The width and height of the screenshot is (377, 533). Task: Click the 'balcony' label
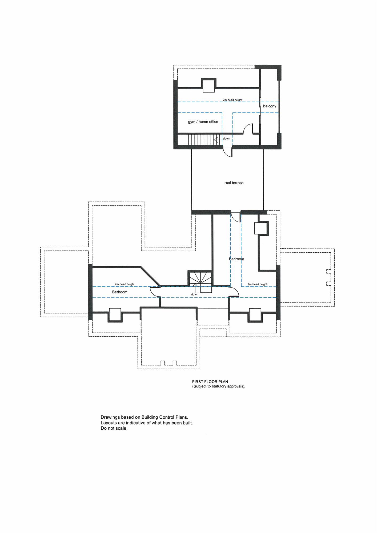(270, 106)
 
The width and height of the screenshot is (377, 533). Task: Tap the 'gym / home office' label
(203, 122)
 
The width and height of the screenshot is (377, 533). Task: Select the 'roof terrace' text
(234, 183)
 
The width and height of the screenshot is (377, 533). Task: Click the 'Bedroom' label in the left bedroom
(120, 292)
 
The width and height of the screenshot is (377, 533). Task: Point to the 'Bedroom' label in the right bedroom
(236, 259)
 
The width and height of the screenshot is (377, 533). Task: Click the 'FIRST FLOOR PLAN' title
(210, 382)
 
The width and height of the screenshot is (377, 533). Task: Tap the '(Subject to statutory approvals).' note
(219, 386)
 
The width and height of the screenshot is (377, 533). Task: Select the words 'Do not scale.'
(114, 428)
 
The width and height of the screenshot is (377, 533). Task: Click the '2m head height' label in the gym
(232, 100)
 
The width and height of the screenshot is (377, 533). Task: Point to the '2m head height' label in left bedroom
(125, 284)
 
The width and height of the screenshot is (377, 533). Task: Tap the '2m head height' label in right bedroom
(257, 284)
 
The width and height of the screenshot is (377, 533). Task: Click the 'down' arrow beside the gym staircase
(218, 139)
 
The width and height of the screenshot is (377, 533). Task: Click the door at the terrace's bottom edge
(236, 217)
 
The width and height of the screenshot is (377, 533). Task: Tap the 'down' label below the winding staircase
(195, 294)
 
